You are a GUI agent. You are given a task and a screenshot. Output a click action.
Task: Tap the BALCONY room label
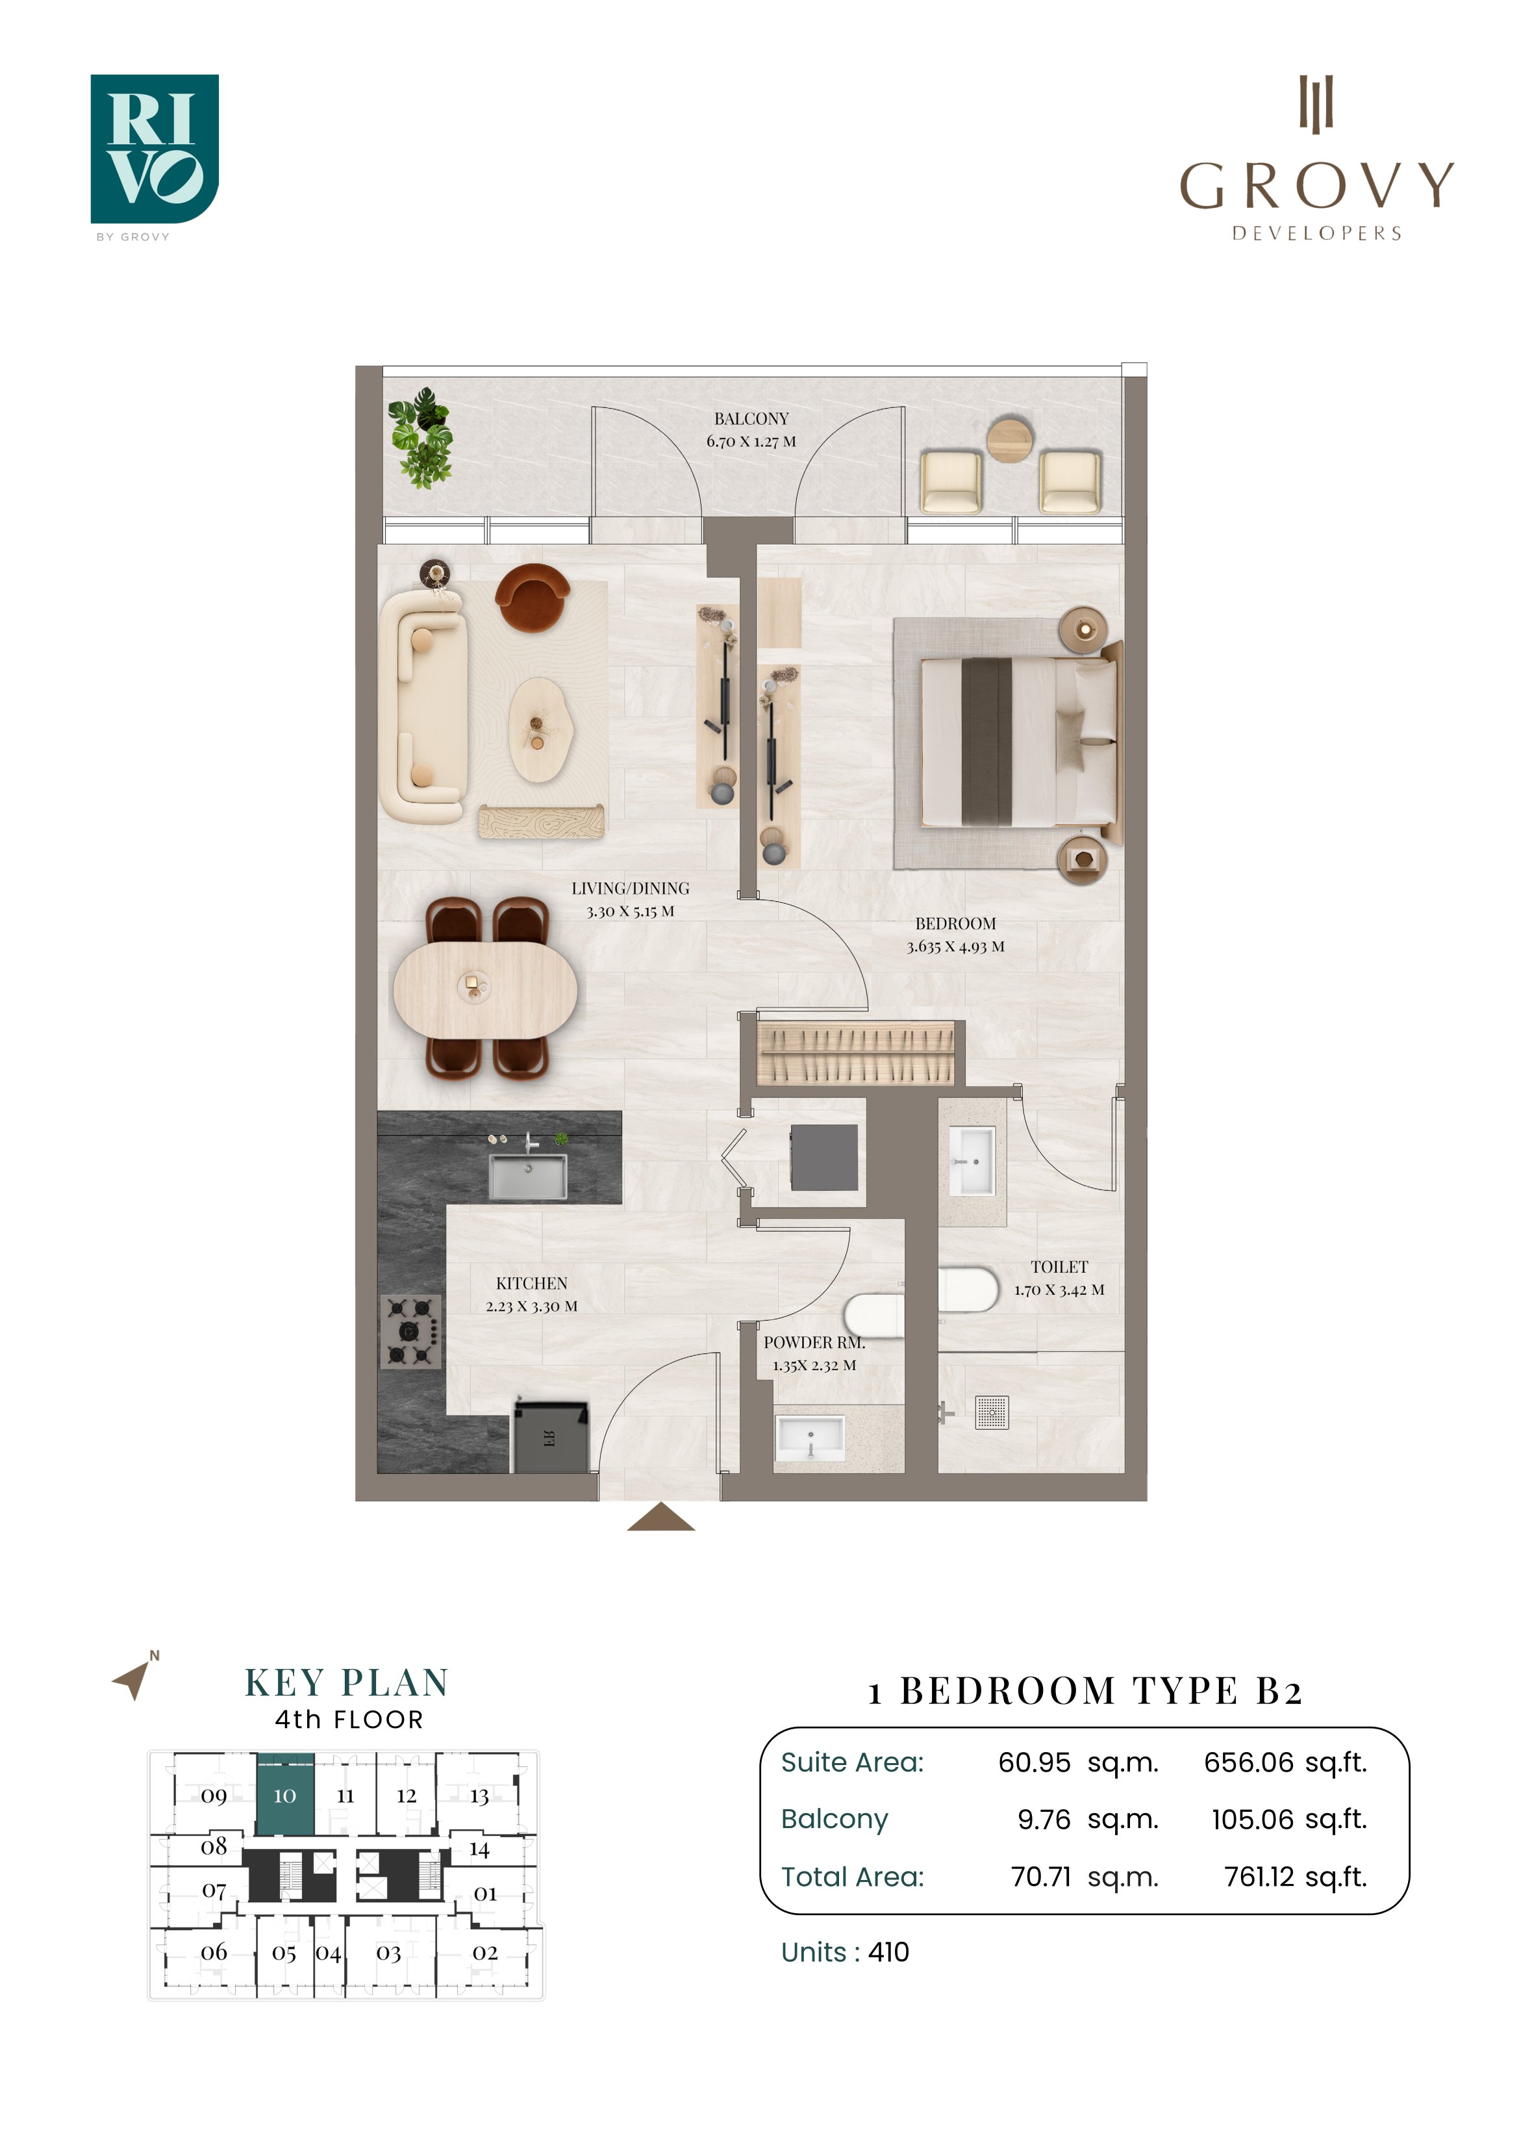tap(751, 418)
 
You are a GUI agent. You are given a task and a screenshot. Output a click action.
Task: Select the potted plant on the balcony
tap(421, 437)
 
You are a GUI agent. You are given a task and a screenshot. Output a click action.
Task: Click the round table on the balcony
tap(1011, 439)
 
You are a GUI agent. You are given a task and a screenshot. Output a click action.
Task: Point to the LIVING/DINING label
tap(631, 888)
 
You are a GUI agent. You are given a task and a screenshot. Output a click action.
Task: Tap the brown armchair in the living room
tap(532, 597)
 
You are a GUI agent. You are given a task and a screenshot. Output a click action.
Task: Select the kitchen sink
tap(528, 1176)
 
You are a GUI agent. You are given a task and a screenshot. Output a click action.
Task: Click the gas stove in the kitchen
tap(411, 1331)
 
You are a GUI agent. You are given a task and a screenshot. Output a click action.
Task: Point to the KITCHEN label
tap(532, 1283)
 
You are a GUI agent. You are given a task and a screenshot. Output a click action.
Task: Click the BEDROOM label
tap(955, 923)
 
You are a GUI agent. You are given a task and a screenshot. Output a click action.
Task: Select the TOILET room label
tap(1059, 1266)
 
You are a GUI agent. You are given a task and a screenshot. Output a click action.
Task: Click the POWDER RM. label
tap(814, 1342)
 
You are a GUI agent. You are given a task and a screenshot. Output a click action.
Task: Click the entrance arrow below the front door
tap(660, 1517)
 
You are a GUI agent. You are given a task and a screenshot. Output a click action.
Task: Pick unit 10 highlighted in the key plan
tap(284, 1794)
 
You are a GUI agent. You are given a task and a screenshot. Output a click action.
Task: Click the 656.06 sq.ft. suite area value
tap(1285, 1762)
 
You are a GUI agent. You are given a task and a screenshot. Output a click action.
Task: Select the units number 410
tap(888, 1952)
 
